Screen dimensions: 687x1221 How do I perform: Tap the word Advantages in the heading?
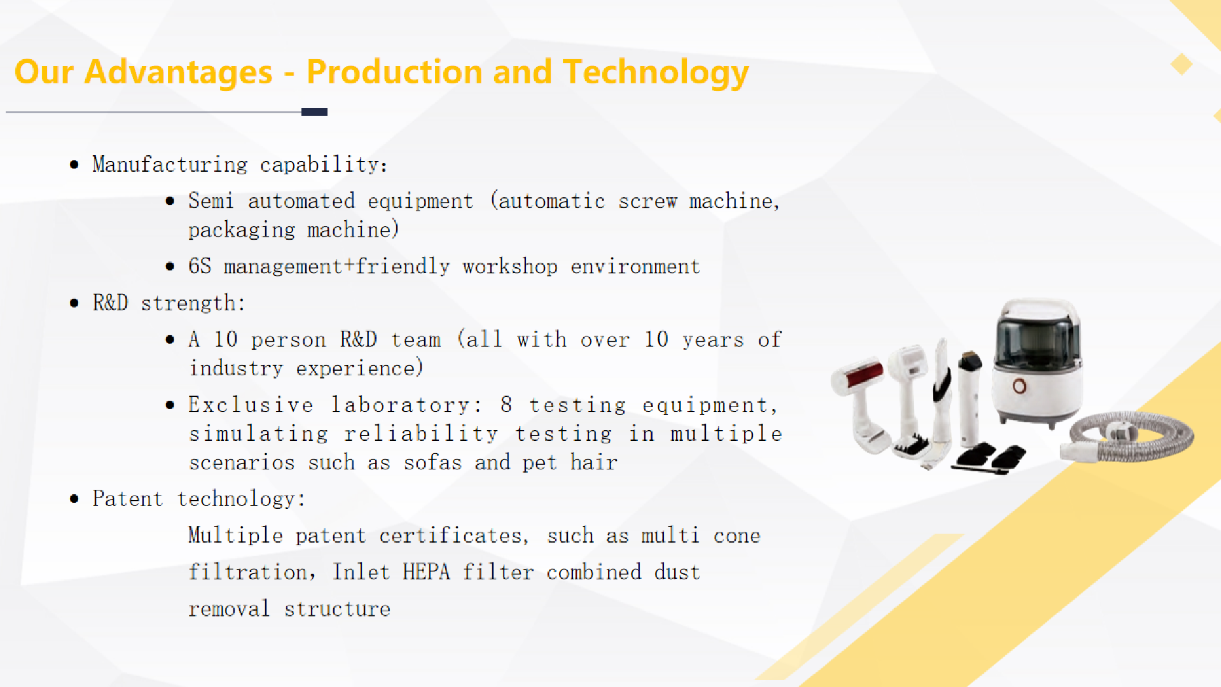(178, 72)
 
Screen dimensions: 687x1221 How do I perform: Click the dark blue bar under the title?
(314, 112)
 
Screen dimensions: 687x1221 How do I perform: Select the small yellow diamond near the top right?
(1181, 64)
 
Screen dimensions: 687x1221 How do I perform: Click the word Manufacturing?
(169, 165)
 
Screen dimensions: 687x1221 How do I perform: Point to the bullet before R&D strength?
(74, 303)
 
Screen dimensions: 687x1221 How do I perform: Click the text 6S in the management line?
(199, 266)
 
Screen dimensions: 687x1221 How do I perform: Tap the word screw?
(647, 201)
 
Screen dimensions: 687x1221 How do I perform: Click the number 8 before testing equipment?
(506, 405)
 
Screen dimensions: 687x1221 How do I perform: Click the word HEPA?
(426, 572)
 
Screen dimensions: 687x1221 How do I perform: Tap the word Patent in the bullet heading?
(127, 499)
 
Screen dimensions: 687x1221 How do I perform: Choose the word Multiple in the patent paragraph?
(235, 536)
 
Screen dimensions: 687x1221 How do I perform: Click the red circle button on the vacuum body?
(1019, 386)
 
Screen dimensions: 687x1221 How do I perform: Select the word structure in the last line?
(337, 609)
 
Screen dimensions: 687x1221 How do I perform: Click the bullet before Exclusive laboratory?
(170, 405)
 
